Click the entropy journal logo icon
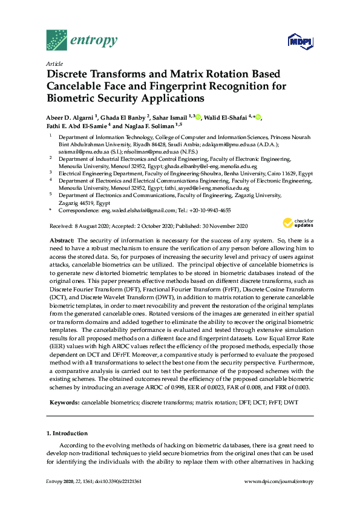[57, 40]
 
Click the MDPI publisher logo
[301, 42]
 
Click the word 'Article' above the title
[54, 63]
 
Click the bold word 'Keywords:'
[64, 402]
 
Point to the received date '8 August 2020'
[93, 226]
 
